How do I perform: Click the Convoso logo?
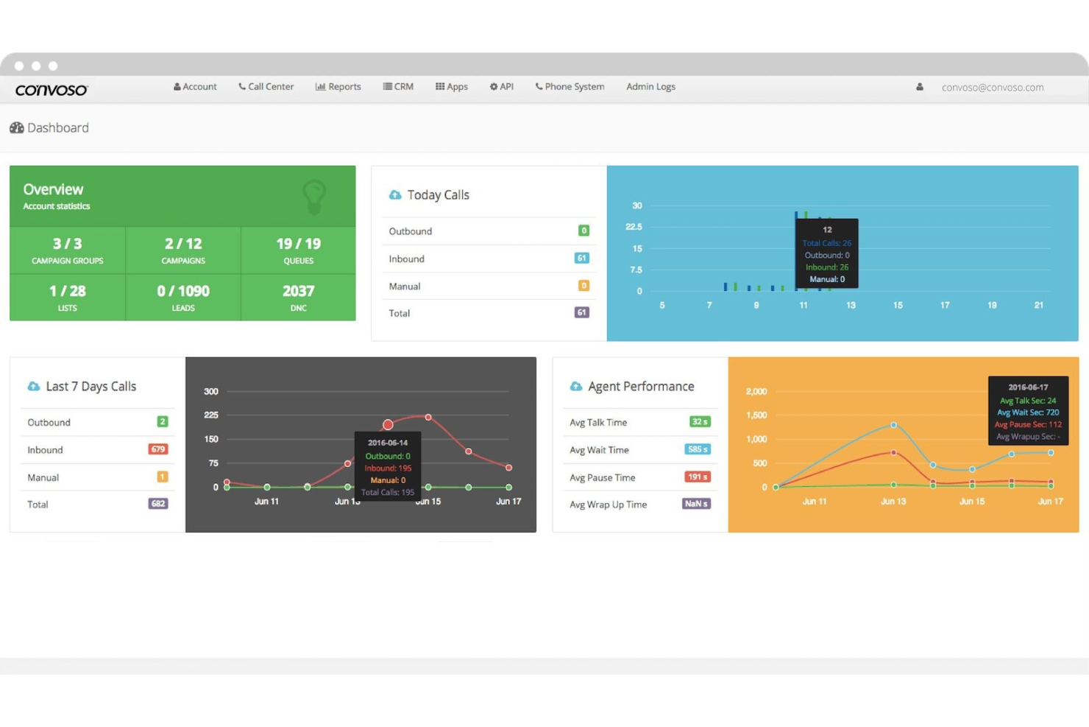[x=52, y=90]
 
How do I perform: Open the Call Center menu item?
[x=266, y=87]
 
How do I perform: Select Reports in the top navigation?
[x=338, y=87]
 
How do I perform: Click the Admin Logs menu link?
[x=650, y=87]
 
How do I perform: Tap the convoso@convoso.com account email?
[x=992, y=88]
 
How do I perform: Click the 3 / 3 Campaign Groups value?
[x=67, y=244]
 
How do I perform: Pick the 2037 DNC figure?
[x=298, y=292]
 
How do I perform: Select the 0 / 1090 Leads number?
[x=183, y=292]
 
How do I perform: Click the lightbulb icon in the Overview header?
[x=314, y=197]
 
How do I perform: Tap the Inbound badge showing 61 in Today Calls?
[x=581, y=259]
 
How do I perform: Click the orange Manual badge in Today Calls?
[x=583, y=286]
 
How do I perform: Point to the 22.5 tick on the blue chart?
[x=634, y=227]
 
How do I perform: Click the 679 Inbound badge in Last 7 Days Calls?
[x=157, y=449]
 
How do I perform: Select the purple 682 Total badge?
[x=157, y=504]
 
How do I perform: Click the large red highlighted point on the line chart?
[x=388, y=424]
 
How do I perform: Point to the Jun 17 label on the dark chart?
[x=508, y=502]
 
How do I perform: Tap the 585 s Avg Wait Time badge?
[x=697, y=449]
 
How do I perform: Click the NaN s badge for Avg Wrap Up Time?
[x=695, y=504]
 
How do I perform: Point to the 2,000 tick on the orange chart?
[x=756, y=392]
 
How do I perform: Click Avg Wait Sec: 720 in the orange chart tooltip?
[x=1028, y=412]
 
